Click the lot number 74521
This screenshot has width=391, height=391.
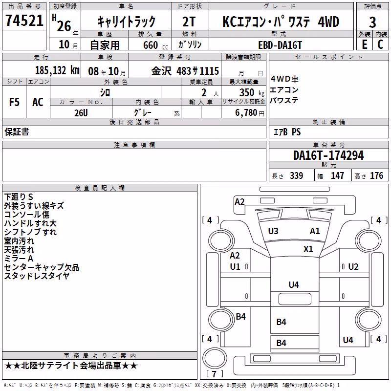(24, 21)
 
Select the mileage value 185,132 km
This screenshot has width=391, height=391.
(57, 70)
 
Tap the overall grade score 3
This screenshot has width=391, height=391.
(372, 22)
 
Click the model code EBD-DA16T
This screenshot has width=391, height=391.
(280, 45)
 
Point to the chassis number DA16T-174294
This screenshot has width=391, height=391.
(328, 155)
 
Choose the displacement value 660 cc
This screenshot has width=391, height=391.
(155, 45)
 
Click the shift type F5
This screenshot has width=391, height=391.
(14, 102)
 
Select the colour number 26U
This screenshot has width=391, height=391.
(81, 113)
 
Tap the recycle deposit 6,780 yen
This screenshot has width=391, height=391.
(250, 113)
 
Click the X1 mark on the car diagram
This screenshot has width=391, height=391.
(308, 249)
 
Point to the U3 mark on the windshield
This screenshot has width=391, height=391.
(273, 231)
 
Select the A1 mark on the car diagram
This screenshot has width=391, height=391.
(315, 231)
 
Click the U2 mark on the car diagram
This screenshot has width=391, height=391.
(353, 267)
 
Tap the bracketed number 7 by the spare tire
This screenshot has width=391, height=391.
(214, 374)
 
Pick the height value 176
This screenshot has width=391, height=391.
(376, 176)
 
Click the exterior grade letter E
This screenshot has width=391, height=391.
(365, 44)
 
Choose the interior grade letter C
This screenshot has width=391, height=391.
(380, 44)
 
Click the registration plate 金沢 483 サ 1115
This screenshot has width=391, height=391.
(185, 71)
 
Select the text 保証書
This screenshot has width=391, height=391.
(17, 132)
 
